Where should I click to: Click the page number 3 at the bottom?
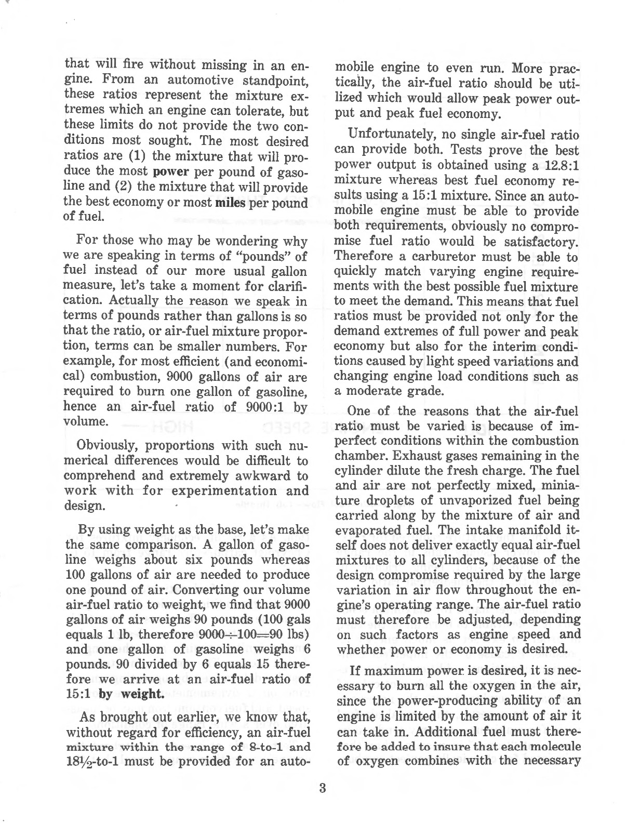[322, 788]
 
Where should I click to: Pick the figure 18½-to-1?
[90, 763]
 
